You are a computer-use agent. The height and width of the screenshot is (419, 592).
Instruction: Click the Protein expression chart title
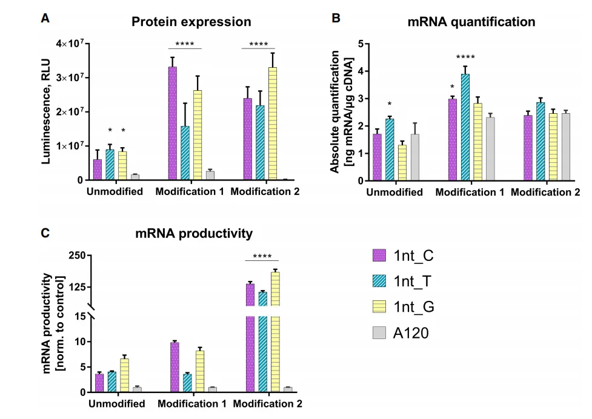(x=191, y=22)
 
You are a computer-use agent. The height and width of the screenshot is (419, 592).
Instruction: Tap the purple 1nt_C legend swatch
(x=379, y=256)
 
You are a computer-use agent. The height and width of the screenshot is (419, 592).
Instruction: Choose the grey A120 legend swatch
(x=379, y=332)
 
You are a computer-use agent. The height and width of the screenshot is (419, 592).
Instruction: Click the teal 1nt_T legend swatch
(x=379, y=281)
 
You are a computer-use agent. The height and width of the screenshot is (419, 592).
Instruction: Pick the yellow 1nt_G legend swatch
(x=379, y=307)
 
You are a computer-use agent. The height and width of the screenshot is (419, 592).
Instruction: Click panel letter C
(x=45, y=233)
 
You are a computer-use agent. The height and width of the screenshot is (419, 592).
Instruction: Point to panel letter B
(x=337, y=18)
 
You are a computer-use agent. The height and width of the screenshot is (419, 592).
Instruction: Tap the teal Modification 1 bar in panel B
(x=465, y=127)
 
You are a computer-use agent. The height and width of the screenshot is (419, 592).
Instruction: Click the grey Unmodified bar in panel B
(x=414, y=157)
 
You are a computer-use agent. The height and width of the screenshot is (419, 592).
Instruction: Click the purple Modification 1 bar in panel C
(x=175, y=367)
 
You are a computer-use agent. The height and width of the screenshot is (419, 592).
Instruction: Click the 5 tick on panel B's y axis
(x=359, y=44)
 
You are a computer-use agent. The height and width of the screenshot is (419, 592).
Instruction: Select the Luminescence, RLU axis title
(x=46, y=111)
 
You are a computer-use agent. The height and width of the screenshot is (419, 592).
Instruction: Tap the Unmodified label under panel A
(x=115, y=192)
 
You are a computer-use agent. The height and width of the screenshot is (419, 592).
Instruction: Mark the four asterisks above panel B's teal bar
(x=465, y=58)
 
